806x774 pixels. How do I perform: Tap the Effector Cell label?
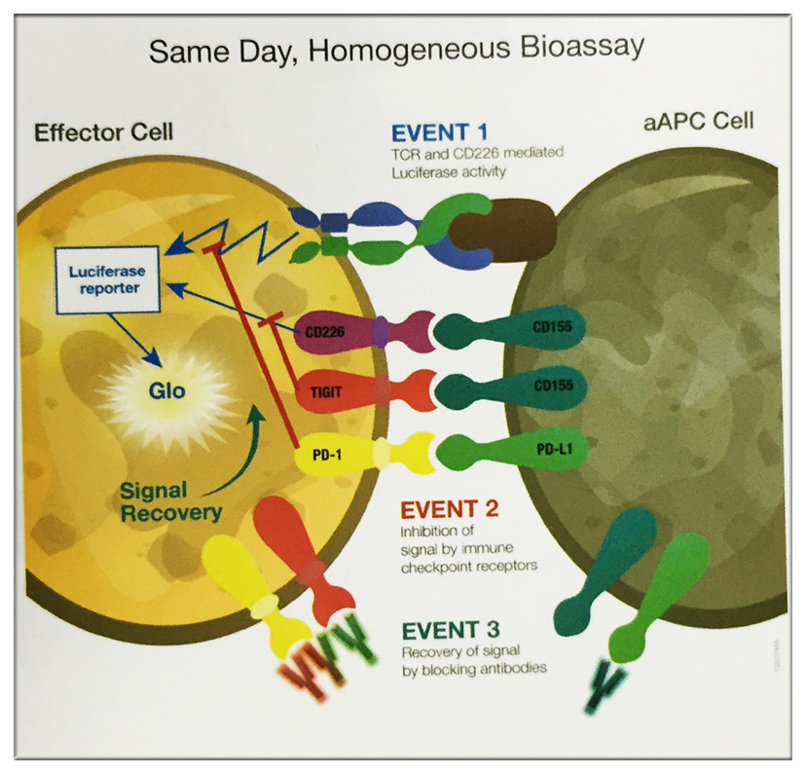coord(104,131)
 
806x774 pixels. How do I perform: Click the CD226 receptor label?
coord(321,331)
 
